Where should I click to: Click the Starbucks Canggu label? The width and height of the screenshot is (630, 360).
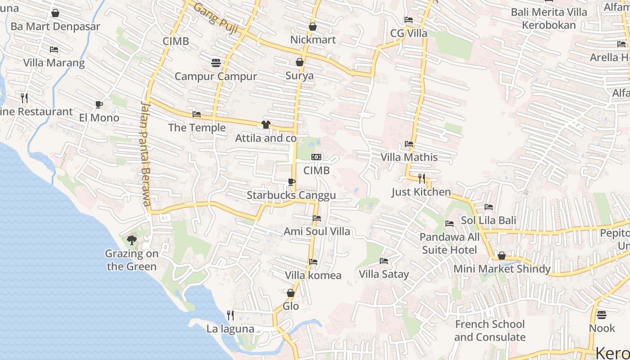(x=291, y=195)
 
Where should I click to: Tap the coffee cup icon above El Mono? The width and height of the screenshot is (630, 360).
(x=99, y=105)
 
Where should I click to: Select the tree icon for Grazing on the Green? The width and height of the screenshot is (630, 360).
(x=131, y=240)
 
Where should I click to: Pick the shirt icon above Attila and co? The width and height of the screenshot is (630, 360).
(x=266, y=125)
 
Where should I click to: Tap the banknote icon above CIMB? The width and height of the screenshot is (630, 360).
(x=316, y=157)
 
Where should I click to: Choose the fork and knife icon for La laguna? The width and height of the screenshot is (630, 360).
(x=230, y=315)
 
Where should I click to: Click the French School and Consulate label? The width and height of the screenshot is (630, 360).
(x=490, y=331)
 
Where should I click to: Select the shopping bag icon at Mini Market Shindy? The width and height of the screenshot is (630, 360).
(x=502, y=256)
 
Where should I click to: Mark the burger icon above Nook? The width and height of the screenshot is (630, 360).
(x=602, y=315)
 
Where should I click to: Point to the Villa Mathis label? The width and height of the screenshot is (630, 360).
(x=409, y=157)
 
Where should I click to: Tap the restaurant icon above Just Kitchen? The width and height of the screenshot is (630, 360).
(x=421, y=179)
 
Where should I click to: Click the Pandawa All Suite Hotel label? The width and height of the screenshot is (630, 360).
(x=450, y=243)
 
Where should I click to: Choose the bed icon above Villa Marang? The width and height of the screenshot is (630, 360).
(x=54, y=49)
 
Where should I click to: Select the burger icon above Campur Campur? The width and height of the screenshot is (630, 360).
(x=216, y=63)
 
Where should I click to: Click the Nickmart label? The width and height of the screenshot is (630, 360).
(x=313, y=40)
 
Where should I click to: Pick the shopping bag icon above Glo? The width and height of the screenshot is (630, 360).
(x=291, y=293)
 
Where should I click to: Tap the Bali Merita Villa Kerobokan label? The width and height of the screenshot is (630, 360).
(x=549, y=18)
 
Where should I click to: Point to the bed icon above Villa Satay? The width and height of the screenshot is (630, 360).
(x=384, y=261)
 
